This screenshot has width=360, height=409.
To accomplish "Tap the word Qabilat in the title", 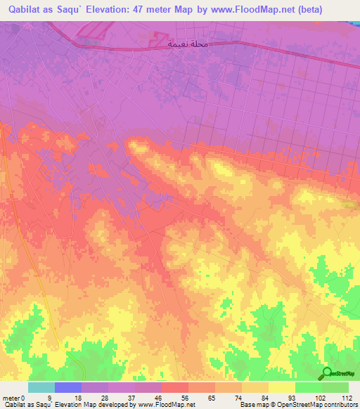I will [25, 10].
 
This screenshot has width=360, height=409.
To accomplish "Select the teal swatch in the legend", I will [41, 387].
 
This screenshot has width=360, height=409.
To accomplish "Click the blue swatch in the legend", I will [67, 387].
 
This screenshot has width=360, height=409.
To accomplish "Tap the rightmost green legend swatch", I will [335, 387].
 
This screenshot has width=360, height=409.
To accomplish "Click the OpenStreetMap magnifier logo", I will [327, 373].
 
